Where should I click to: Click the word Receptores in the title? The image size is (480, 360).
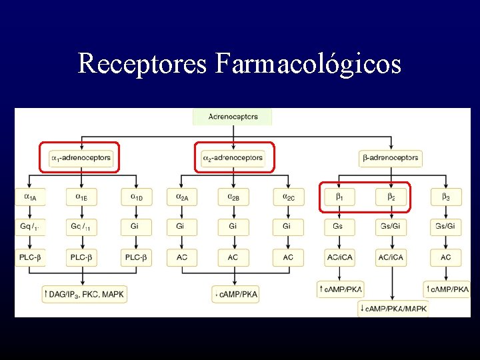click(x=143, y=64)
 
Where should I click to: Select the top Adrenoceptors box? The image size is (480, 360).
click(x=233, y=117)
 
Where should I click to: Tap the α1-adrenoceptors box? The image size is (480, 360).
click(x=81, y=158)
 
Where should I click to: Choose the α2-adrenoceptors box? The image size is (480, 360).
click(x=233, y=158)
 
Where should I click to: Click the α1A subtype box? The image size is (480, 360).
click(x=31, y=197)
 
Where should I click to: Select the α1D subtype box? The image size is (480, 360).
click(x=136, y=197)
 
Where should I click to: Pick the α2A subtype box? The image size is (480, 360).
click(x=182, y=197)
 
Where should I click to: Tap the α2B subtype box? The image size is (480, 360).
click(x=233, y=197)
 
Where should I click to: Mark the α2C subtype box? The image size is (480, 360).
click(x=287, y=197)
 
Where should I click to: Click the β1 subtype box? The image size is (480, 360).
click(x=339, y=197)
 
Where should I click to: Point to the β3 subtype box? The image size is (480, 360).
click(x=445, y=197)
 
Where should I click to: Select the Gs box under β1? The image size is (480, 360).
click(x=339, y=227)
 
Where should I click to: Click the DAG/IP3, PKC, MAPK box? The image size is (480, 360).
click(x=85, y=293)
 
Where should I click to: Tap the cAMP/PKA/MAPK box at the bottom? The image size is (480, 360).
click(x=393, y=308)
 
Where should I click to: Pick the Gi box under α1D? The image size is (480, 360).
click(x=136, y=227)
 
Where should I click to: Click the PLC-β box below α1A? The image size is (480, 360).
click(x=31, y=257)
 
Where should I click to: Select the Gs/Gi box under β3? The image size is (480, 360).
click(x=445, y=227)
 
